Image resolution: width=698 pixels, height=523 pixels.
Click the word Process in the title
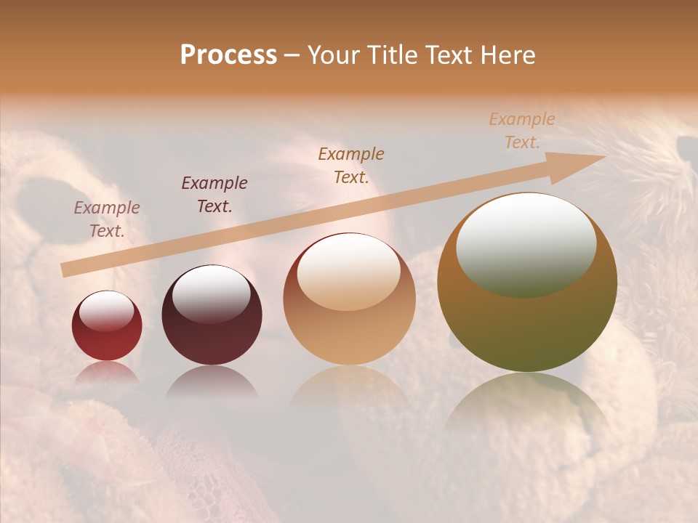point(228,55)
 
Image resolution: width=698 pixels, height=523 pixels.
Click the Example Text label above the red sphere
point(107,219)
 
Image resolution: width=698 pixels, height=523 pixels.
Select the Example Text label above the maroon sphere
point(214,195)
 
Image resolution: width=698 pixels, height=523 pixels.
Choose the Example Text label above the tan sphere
point(351,165)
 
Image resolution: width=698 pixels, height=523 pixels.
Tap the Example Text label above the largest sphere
point(521,131)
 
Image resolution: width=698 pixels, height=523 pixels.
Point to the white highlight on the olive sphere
point(526,243)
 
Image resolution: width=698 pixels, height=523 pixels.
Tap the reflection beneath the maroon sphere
point(212,381)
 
